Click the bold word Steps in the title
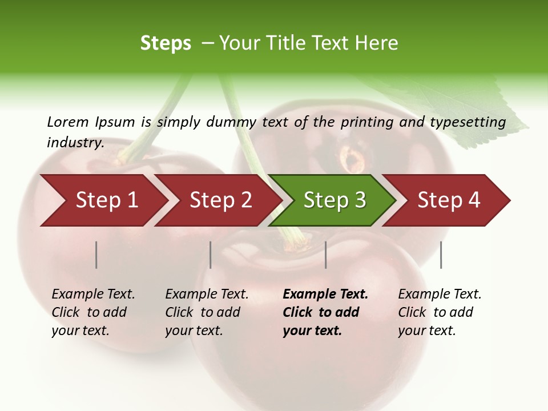[x=166, y=43]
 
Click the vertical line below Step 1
[x=96, y=255]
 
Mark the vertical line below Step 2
[x=211, y=255]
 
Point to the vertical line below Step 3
[x=326, y=255]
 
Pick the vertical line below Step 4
[x=441, y=255]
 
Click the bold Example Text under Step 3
[x=325, y=295]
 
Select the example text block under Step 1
[x=93, y=312]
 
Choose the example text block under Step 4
[x=440, y=312]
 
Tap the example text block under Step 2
[x=207, y=312]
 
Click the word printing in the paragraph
[x=365, y=122]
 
